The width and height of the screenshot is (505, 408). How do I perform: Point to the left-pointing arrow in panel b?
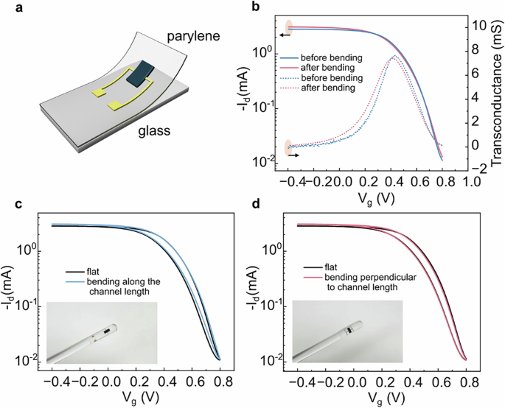click(282, 34)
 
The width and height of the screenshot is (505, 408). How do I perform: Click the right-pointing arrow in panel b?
click(293, 155)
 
